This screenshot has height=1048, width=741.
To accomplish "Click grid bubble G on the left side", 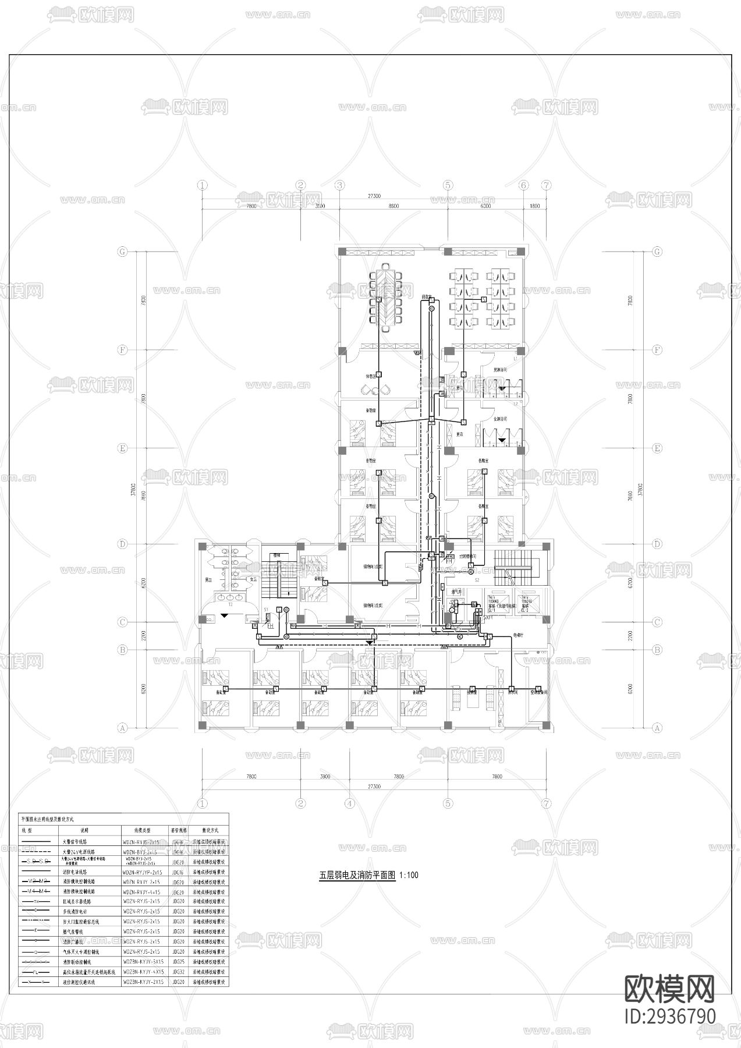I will coord(122,252).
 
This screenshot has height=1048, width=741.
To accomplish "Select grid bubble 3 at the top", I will coord(340,185).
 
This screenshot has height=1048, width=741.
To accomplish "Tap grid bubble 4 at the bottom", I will coord(350,803).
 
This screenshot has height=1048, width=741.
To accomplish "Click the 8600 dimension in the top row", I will coord(393,206).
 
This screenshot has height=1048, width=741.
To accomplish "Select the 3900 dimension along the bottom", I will coord(325,777).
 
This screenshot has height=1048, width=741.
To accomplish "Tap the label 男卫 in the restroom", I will coord(207,579).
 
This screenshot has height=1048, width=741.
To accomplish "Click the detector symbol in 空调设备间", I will coord(537,689).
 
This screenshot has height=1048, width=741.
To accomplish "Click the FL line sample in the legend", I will coord(36,972).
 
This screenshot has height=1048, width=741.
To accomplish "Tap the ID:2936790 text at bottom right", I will coord(669,1016).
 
